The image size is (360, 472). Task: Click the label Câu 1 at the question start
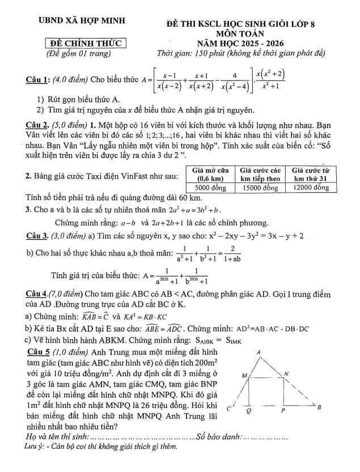click(37, 80)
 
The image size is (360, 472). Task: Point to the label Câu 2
click(37, 124)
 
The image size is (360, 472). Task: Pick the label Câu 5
click(39, 352)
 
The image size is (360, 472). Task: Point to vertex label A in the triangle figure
click(259, 353)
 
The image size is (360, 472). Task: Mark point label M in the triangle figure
click(244, 376)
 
